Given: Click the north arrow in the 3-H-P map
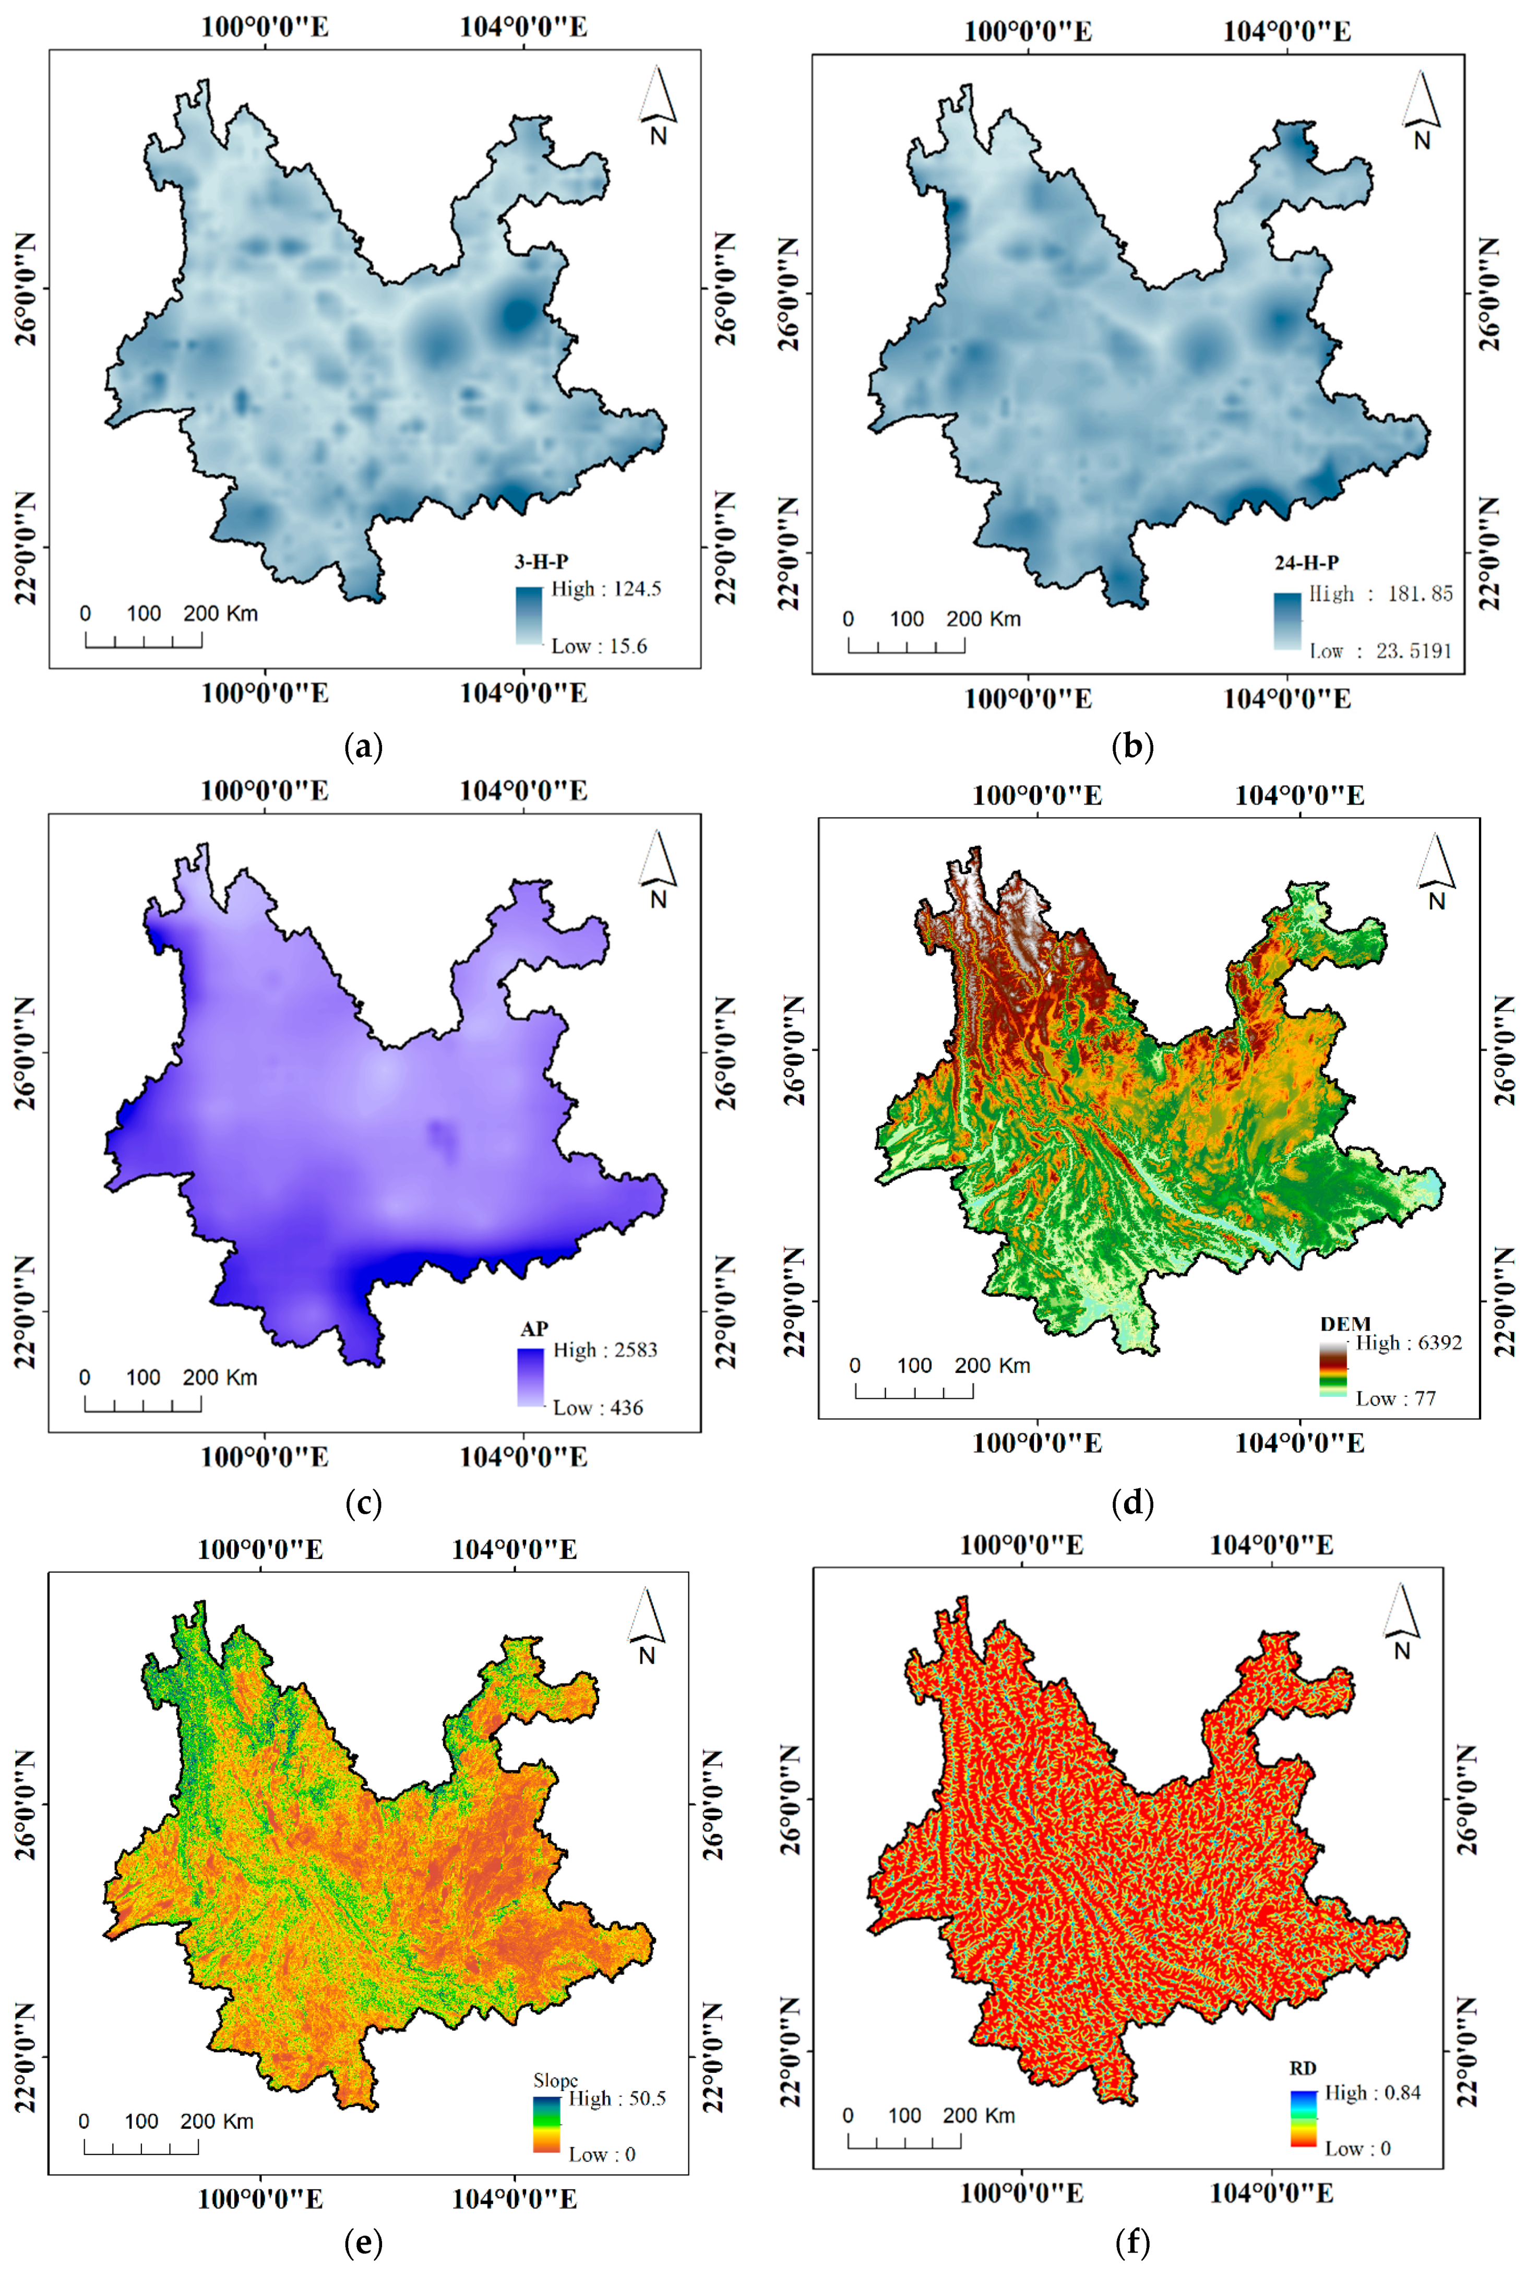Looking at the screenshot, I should (658, 105).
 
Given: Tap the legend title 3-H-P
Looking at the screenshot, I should (542, 562).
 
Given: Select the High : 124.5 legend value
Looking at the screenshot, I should (606, 589).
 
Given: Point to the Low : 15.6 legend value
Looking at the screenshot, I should (599, 646).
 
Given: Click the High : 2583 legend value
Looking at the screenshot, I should (605, 1350).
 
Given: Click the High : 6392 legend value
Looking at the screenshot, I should (1408, 1343).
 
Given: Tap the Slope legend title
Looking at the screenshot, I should (555, 2080).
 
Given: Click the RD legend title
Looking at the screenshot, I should (1303, 2069).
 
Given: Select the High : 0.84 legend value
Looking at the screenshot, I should (1372, 2093).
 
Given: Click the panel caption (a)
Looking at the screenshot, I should (364, 748).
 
